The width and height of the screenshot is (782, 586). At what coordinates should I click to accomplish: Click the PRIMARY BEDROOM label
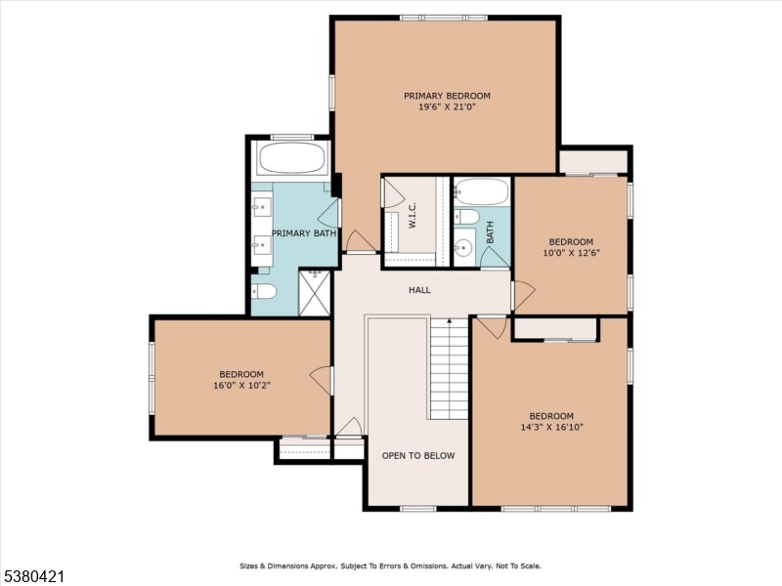click(x=447, y=96)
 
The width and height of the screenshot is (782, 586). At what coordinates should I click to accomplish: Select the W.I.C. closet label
click(x=413, y=216)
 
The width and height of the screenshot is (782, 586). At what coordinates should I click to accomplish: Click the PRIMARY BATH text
click(x=304, y=233)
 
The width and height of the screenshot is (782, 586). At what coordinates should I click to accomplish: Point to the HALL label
click(x=419, y=290)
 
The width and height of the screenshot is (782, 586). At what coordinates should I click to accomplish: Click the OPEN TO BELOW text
click(x=417, y=456)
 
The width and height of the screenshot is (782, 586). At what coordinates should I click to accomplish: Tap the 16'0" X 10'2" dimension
click(x=241, y=385)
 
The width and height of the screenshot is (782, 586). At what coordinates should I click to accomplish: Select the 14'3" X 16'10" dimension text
click(x=551, y=427)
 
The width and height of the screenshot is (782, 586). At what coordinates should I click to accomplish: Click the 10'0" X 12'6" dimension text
click(x=570, y=253)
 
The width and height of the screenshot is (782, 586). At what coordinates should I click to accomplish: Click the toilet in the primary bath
click(x=265, y=292)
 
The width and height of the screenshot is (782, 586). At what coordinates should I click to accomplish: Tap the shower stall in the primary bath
click(x=315, y=293)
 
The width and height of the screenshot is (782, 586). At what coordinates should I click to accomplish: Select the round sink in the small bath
click(x=463, y=248)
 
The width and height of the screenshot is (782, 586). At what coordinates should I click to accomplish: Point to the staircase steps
click(x=450, y=371)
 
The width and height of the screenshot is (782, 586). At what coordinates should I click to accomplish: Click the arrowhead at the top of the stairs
click(x=450, y=320)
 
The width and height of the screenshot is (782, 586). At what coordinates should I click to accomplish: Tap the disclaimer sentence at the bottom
click(x=390, y=565)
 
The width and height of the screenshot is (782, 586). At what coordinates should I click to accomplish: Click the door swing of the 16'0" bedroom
click(x=321, y=379)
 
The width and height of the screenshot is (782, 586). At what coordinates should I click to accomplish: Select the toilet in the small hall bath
click(x=466, y=216)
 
